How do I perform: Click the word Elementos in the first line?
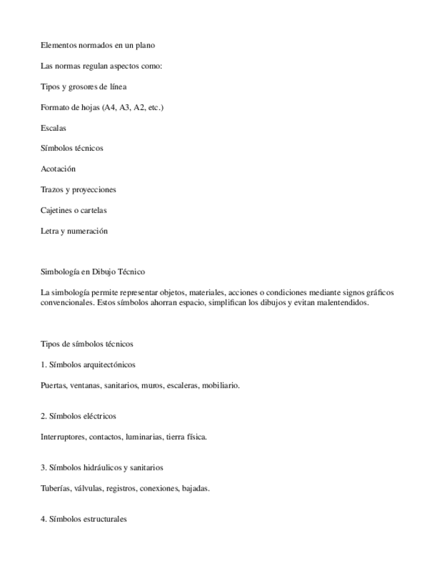tap(58, 45)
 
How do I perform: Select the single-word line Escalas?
tap(53, 127)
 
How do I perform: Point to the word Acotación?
tap(58, 169)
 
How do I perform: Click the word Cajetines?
tap(57, 210)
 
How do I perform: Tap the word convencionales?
tap(66, 302)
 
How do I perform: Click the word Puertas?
tap(53, 385)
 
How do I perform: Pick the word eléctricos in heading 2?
tap(100, 416)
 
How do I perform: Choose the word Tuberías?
tap(56, 488)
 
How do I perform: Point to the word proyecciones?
tap(91, 190)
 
